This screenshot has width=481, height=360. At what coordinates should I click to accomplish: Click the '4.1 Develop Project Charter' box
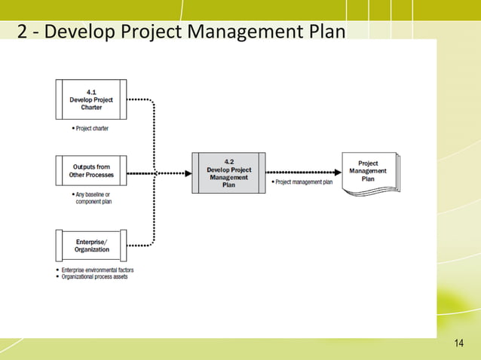coord(91,99)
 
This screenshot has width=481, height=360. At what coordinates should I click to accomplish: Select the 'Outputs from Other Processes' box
coord(91,171)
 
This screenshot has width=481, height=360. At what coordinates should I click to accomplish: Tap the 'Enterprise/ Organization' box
coord(91,245)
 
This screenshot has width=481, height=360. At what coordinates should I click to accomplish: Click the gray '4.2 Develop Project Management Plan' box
coord(228,172)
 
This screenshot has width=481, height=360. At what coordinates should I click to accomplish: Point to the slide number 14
coord(459,344)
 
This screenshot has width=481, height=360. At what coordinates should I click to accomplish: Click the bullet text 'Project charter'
coord(90,129)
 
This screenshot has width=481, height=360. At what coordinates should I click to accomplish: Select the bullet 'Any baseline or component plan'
coord(91,199)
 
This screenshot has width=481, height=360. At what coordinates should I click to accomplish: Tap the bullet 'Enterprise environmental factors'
coord(95,270)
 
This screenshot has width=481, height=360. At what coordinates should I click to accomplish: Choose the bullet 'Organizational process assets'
coord(93,276)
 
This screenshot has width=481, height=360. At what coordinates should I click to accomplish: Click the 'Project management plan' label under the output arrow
coord(301,182)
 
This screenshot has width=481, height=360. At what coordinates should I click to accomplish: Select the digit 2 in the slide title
coord(23,33)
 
